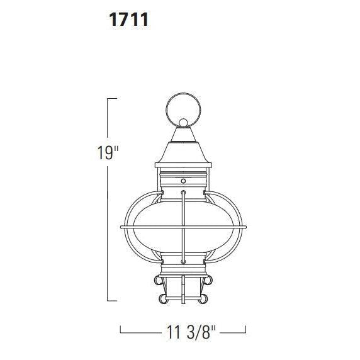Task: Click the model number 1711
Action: click(x=128, y=20)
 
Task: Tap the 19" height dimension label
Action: click(x=108, y=152)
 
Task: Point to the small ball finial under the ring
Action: click(x=183, y=123)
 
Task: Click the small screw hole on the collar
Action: click(x=183, y=181)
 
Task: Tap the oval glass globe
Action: click(x=183, y=227)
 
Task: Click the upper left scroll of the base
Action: click(x=158, y=280)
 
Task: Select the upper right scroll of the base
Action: click(x=208, y=280)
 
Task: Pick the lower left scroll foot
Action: click(x=163, y=299)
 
